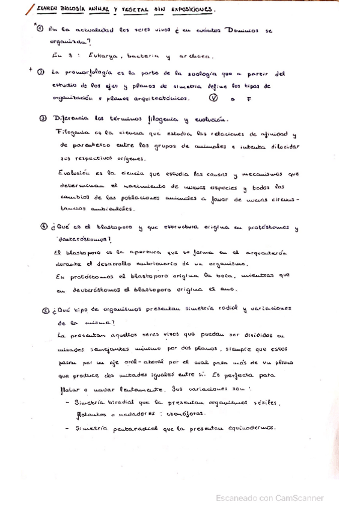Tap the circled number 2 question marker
coord(40,73)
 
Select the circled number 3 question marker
coord(44,118)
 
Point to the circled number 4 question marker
coord(44,227)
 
